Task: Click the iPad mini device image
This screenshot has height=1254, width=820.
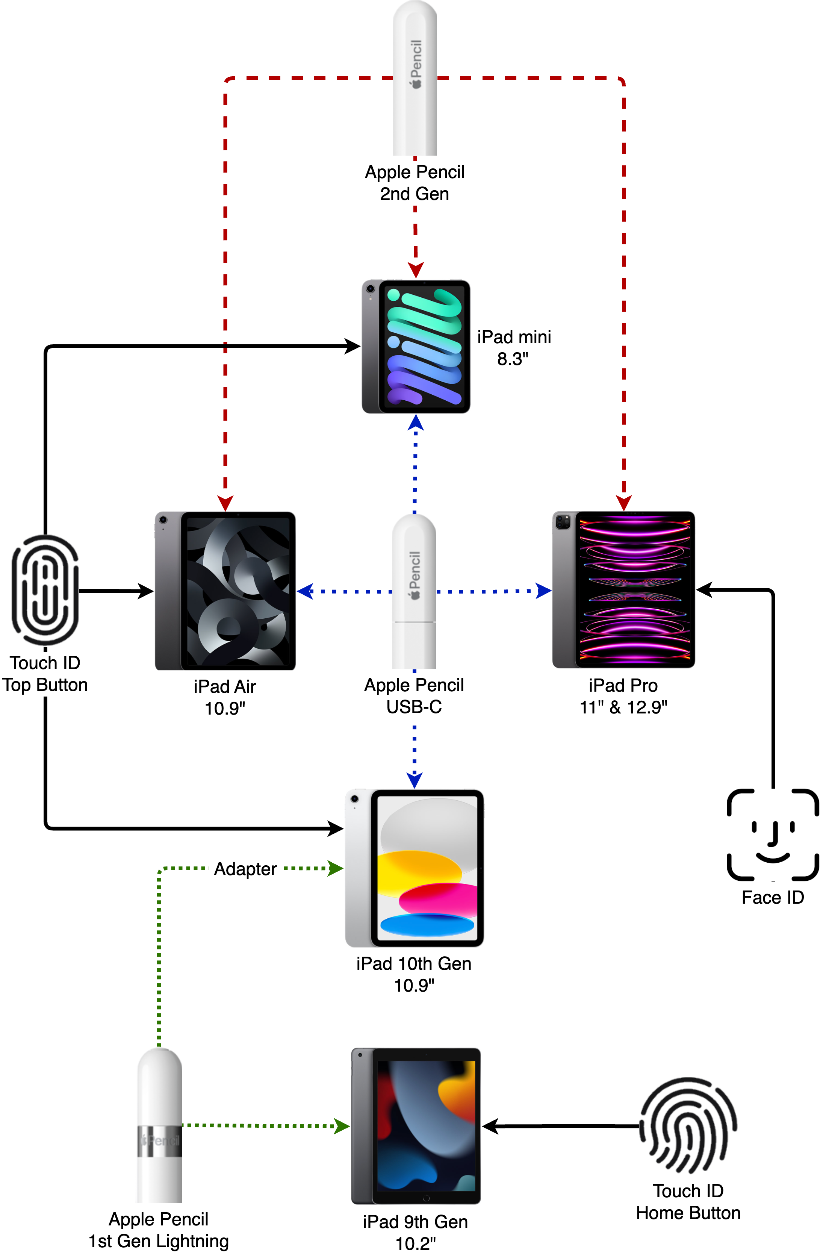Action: pos(416,346)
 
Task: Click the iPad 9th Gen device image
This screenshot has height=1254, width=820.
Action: pos(416,1126)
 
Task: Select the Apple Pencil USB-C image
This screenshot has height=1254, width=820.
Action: pos(414,591)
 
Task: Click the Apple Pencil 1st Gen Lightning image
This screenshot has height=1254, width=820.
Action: pos(160,1125)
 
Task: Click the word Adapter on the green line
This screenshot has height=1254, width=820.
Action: pos(245,869)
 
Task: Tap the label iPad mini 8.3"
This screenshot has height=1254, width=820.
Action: pos(513,348)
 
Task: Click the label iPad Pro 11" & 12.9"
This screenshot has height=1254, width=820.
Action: pos(623,696)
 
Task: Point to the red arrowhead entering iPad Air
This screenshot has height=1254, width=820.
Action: pos(225,503)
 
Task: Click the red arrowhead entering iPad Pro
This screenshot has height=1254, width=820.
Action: pos(623,503)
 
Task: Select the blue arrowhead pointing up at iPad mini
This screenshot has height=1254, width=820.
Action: pos(416,422)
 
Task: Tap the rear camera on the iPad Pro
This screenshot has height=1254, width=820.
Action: pos(563,522)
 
